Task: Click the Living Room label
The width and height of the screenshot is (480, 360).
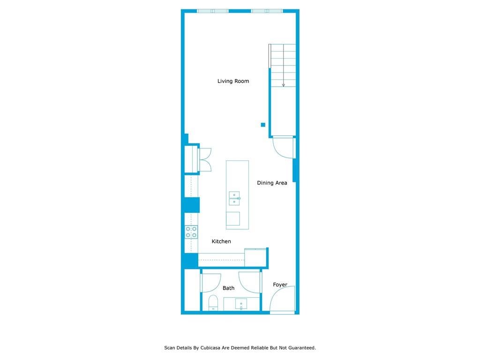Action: pos(233,81)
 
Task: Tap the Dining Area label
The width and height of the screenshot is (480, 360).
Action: pos(272,183)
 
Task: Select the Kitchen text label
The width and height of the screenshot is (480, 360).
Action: pos(221,241)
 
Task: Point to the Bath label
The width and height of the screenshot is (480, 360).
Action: pos(228,288)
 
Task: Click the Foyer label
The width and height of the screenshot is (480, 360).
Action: pos(280,285)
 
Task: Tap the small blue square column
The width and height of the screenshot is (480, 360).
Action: pos(263,125)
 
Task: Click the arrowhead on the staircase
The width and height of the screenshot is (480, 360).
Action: pos(284,85)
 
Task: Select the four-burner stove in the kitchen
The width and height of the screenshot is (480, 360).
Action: pos(191,232)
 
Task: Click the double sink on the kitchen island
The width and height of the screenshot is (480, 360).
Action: pos(234,198)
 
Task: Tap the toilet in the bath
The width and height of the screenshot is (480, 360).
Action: pos(213,303)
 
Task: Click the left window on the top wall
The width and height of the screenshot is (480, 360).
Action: pos(213,11)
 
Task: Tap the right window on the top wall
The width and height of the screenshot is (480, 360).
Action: pos(267,11)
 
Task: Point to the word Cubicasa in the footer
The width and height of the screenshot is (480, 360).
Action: pos(210,348)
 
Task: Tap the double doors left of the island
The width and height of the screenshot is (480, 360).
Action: pos(204,159)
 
